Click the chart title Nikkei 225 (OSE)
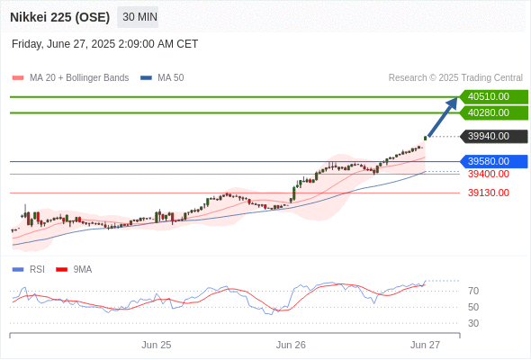(60, 17)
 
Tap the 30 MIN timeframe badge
(138, 17)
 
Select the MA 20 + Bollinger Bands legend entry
(70, 78)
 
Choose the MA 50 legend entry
(162, 78)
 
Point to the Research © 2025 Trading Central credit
(455, 78)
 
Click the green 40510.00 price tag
(493, 97)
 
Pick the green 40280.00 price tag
(493, 112)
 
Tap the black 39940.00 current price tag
(493, 136)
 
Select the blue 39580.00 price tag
(493, 161)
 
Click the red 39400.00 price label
(489, 174)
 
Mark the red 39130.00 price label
(489, 193)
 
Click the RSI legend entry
(29, 270)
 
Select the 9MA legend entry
(74, 270)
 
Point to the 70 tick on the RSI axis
(473, 291)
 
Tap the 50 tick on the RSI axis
(473, 307)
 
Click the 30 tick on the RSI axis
(473, 323)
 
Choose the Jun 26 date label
(291, 345)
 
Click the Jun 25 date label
(157, 345)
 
